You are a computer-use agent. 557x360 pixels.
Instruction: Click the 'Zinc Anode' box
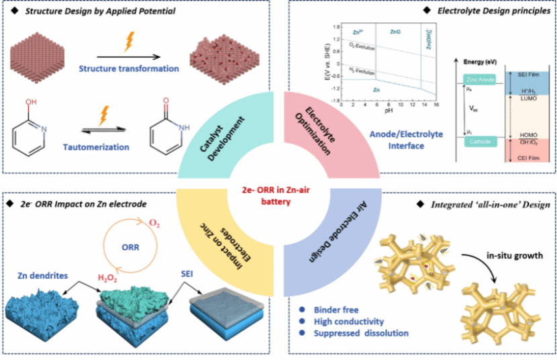coord(478,80)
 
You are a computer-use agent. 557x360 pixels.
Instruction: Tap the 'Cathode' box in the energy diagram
coord(477,141)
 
